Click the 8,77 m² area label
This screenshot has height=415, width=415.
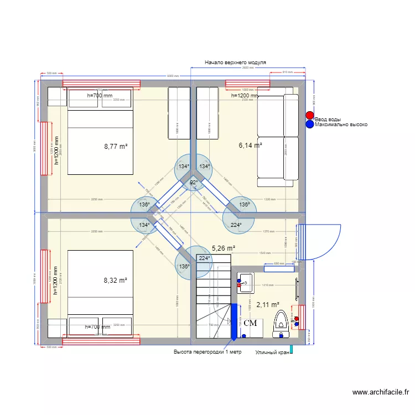[x=116, y=147]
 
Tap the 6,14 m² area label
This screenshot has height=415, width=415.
[x=250, y=145]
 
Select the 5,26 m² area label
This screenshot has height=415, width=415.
[x=224, y=248]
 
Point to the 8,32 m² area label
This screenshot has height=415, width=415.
[x=116, y=281]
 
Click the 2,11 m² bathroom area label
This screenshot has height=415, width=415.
[x=267, y=304]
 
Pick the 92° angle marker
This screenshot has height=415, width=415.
[x=194, y=183]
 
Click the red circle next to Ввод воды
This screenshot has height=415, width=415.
[x=309, y=116]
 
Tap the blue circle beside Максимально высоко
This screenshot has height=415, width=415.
[x=309, y=124]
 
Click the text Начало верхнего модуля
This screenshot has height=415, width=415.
[x=235, y=63]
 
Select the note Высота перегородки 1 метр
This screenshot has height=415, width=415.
[x=207, y=351]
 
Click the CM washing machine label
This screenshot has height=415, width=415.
[x=250, y=323]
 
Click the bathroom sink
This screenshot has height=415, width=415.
[x=246, y=283]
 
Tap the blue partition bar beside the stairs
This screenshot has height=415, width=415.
[x=234, y=320]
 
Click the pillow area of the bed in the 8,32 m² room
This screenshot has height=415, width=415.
[x=100, y=326]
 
